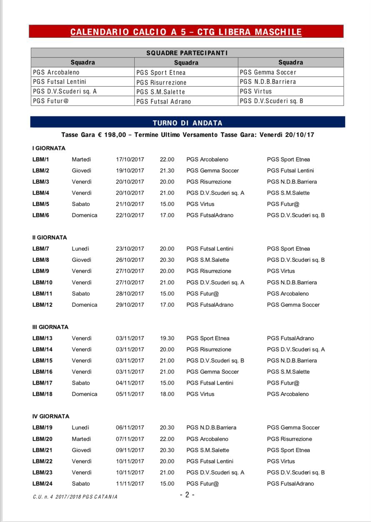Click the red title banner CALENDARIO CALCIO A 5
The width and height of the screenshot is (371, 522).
click(186, 32)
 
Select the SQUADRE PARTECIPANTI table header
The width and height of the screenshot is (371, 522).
click(187, 53)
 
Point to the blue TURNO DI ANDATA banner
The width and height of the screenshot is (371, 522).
click(187, 123)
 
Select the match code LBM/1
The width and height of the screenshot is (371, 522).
click(41, 159)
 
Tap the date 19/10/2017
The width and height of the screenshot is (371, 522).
click(130, 171)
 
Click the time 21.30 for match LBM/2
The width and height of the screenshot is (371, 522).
click(167, 171)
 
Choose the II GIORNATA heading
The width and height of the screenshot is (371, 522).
click(50, 238)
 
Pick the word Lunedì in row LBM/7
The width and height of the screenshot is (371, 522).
click(80, 249)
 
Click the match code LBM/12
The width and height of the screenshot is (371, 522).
click(42, 305)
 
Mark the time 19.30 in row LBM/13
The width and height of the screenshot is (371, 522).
click(167, 338)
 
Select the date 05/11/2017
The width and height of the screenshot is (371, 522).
click(130, 394)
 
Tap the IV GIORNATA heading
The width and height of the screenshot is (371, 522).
click(51, 417)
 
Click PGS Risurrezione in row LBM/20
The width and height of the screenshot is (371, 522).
click(289, 439)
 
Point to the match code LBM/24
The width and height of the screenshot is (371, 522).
click(42, 484)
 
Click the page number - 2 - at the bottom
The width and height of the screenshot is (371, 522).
click(187, 495)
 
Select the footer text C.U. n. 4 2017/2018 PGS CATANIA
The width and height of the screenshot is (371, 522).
click(75, 497)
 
